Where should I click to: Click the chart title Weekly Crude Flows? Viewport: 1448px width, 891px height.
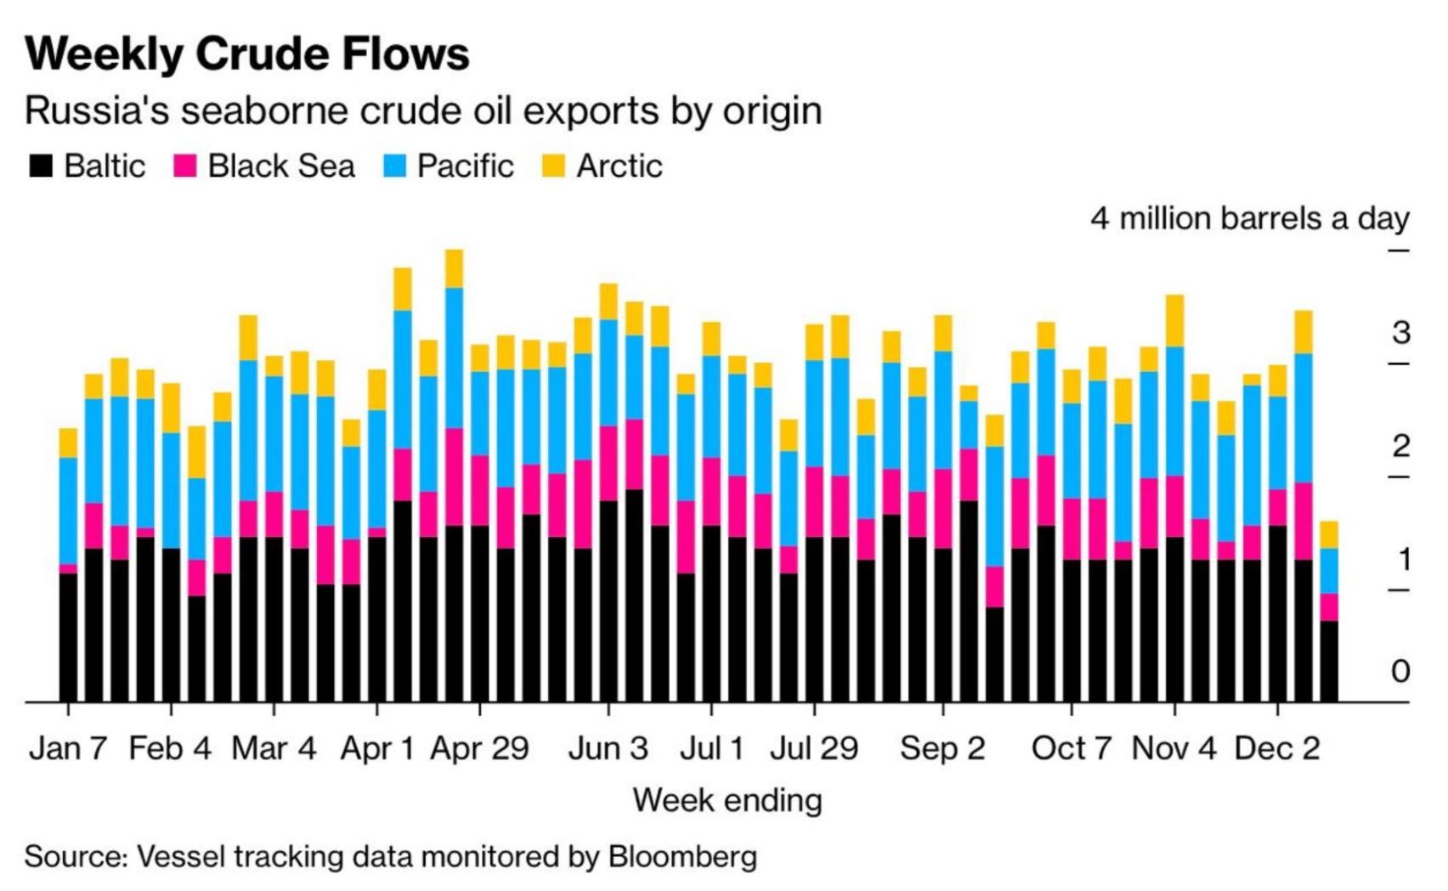(247, 54)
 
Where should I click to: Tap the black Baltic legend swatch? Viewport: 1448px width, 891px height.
(41, 165)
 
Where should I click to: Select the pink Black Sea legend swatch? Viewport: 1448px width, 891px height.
(185, 165)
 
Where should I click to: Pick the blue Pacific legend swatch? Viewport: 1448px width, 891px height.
(394, 165)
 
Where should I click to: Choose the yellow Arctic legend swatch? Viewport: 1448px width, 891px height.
(553, 165)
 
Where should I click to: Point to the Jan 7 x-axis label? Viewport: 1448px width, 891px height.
(68, 748)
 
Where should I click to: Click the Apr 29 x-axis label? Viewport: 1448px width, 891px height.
(479, 748)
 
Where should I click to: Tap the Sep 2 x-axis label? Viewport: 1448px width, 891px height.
(942, 748)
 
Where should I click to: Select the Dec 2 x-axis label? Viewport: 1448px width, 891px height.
(1277, 748)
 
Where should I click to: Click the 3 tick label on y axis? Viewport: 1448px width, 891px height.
(1400, 333)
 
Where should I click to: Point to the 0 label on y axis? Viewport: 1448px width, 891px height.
(1400, 671)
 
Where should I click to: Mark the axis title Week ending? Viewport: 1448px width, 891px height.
(727, 800)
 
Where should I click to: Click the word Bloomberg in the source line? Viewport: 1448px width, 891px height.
(682, 856)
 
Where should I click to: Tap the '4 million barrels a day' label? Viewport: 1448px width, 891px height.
(1250, 218)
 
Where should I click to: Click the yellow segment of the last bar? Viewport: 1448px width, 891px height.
(1328, 534)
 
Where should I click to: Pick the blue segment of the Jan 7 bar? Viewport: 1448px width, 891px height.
(68, 510)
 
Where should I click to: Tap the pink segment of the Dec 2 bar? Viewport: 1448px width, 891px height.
(1277, 507)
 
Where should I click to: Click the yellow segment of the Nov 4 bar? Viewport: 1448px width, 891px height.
(1174, 320)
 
